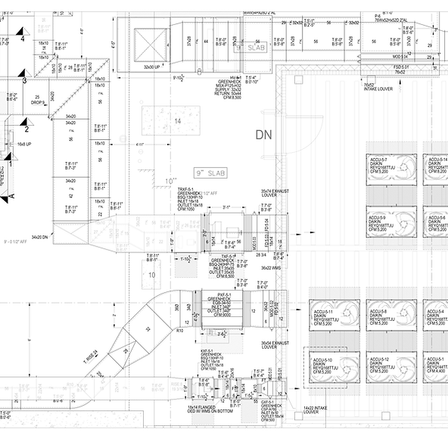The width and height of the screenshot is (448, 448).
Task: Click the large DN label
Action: tap(263, 135)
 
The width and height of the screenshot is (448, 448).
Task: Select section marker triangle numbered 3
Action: tap(24, 78)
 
